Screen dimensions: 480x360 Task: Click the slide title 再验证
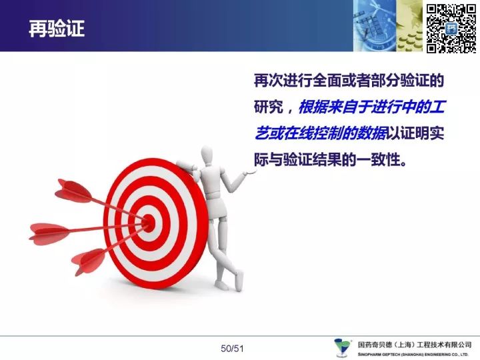pos(57,29)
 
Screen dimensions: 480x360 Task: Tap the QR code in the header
pos(451,29)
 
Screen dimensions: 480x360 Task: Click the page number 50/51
pos(232,349)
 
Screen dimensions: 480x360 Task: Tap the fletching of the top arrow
pos(73,191)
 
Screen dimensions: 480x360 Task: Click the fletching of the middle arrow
pos(49,234)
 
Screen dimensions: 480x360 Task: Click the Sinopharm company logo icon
pos(342,347)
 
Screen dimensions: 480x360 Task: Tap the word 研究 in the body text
pos(269,107)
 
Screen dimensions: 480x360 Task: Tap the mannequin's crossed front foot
pos(239,281)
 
